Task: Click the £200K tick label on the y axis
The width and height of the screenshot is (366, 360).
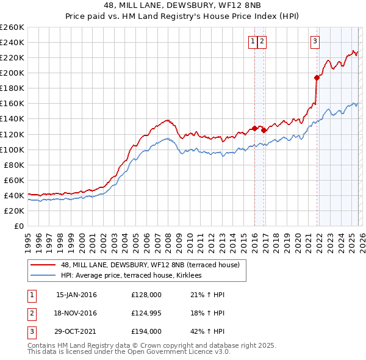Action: (12, 73)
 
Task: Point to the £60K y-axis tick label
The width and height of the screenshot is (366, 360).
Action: (14, 180)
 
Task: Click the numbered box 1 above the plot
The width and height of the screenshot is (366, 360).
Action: (253, 41)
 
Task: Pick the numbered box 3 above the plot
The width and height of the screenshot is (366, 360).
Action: (315, 41)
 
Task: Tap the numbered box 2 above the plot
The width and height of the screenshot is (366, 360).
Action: (262, 41)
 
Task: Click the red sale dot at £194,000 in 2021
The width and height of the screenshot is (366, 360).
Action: (317, 77)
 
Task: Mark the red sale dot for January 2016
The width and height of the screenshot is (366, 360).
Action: (254, 128)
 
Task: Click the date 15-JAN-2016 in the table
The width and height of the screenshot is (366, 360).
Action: (76, 295)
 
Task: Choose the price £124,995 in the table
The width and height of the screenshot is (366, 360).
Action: (146, 313)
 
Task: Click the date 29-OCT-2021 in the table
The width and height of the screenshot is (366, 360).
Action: (76, 331)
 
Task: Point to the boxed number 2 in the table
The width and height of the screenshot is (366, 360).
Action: (30, 313)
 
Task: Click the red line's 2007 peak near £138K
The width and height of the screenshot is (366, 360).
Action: (166, 120)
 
